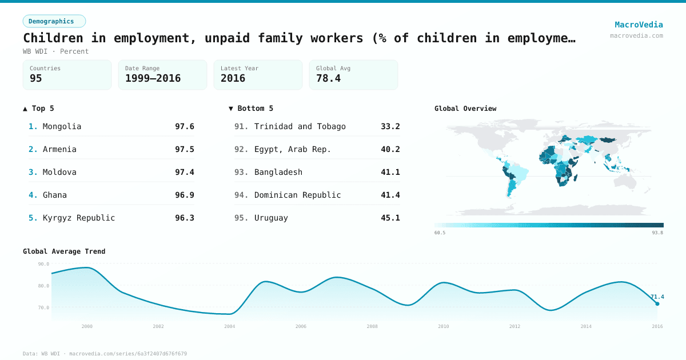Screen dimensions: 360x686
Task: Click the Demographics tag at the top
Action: coord(54,21)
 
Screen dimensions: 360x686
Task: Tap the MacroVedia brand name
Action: coord(639,25)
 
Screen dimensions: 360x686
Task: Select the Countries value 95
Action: coord(36,78)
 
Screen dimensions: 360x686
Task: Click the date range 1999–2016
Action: coord(153,78)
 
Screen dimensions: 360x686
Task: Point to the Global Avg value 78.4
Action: coord(328,78)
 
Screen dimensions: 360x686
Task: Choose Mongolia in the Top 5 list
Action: coord(62,126)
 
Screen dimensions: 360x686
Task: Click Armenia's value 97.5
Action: coord(184,149)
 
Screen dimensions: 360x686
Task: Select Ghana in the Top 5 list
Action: coord(55,195)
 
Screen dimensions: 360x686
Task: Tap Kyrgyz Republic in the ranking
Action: coord(79,218)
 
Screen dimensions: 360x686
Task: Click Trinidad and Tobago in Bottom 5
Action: coord(300,126)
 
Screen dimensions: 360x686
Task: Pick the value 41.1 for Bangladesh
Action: coord(390,172)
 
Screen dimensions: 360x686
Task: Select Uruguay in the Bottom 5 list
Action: coord(271,218)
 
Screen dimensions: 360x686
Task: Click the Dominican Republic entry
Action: coord(297,195)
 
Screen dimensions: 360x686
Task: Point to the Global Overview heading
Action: coord(465,109)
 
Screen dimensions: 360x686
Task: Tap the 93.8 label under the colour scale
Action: coord(657,233)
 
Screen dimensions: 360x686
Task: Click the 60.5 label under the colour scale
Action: coord(440,233)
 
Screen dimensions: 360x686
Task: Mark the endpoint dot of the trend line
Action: coord(657,304)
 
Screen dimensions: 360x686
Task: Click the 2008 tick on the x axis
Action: coord(372,326)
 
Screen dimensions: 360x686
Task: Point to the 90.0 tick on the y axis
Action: coord(43,264)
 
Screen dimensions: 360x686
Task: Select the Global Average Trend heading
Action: coord(64,251)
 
